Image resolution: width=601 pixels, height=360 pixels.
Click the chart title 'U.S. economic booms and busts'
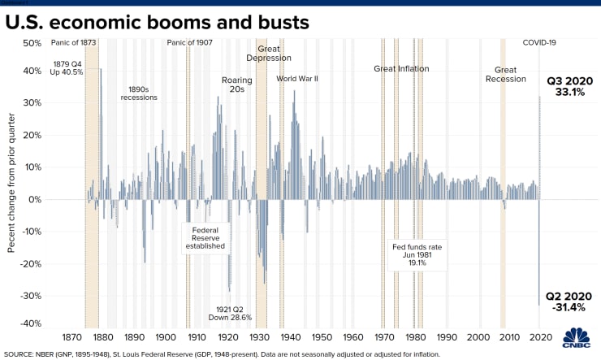(x=158, y=22)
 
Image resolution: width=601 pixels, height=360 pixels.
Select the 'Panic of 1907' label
(x=190, y=42)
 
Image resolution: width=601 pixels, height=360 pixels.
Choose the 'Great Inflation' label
(x=401, y=69)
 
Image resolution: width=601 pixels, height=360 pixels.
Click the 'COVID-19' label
(x=539, y=42)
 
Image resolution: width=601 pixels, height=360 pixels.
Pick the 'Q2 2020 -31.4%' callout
(x=573, y=301)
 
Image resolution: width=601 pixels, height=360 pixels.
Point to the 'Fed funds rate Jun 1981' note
(x=413, y=253)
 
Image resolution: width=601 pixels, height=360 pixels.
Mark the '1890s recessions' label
(x=142, y=93)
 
